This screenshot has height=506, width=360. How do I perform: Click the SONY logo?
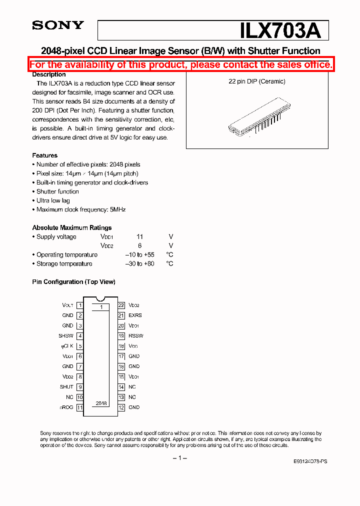[58, 25]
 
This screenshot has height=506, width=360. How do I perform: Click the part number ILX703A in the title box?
[280, 30]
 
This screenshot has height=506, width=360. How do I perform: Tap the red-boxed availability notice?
[180, 64]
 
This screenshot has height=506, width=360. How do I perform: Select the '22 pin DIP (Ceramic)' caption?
[257, 81]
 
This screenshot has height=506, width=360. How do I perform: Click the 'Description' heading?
[48, 74]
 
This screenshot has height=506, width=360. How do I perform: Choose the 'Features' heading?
[45, 155]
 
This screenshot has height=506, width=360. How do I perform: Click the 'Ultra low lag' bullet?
[53, 200]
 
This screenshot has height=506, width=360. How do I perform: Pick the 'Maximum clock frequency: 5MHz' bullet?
[80, 209]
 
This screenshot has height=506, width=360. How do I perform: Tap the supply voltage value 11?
[140, 237]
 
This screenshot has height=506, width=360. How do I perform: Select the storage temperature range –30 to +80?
[139, 264]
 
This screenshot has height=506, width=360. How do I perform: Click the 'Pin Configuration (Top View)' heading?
[73, 282]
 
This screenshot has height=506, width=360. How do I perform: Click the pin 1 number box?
[80, 305]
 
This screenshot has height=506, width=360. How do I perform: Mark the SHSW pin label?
[65, 336]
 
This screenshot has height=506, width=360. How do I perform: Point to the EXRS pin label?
[135, 315]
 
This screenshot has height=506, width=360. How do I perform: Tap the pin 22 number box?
[121, 305]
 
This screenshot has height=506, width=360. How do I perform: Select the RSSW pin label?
[135, 336]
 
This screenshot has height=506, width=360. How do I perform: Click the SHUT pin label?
[66, 387]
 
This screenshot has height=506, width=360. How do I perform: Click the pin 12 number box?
[121, 407]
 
